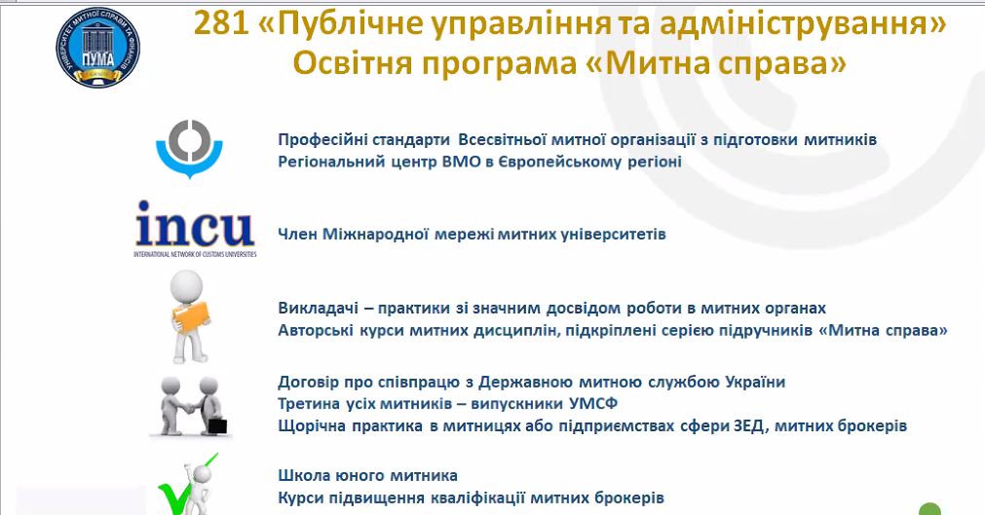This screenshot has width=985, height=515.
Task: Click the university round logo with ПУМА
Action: [x=97, y=48]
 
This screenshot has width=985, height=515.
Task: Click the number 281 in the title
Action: [x=223, y=24]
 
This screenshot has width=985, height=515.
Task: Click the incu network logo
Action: [x=195, y=229]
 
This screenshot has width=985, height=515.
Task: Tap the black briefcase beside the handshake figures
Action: [x=216, y=425]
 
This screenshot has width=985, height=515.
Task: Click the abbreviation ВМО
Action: [x=462, y=162]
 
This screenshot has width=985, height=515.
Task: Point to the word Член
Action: [x=298, y=235]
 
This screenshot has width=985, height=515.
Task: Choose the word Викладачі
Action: [x=318, y=309]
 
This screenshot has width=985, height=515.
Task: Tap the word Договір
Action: [x=307, y=382]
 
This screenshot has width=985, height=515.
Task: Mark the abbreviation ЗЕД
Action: [x=749, y=425]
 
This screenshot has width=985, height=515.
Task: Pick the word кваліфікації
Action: [x=478, y=498]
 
